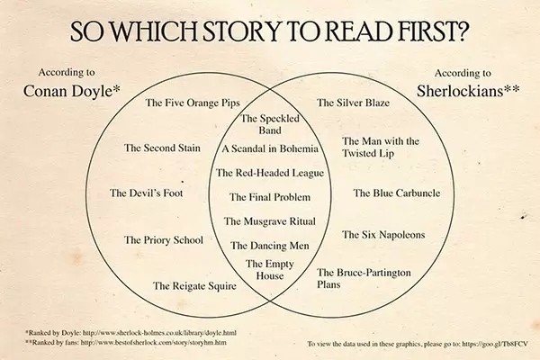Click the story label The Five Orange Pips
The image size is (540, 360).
pyautogui.click(x=193, y=103)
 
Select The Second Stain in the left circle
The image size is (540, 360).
pyautogui.click(x=162, y=148)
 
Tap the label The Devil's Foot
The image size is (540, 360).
pyautogui.click(x=147, y=193)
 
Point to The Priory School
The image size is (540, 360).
pyautogui.click(x=164, y=240)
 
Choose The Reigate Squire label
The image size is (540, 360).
pyautogui.click(x=194, y=286)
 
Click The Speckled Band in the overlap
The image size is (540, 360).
pyautogui.click(x=270, y=124)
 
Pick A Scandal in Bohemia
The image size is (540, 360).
pyautogui.click(x=270, y=148)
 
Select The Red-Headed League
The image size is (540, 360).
pyautogui.click(x=270, y=173)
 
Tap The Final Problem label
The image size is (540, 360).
pyautogui.click(x=270, y=197)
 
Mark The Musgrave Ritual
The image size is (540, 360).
pyautogui.click(x=270, y=221)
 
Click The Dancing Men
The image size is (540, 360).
pyautogui.click(x=270, y=246)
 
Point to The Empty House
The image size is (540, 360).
pyautogui.click(x=270, y=270)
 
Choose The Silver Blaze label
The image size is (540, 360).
pyautogui.click(x=353, y=103)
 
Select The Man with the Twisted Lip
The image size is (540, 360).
pyautogui.click(x=381, y=147)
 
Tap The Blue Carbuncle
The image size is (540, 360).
pyautogui.click(x=397, y=193)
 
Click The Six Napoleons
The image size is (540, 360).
pyautogui.click(x=383, y=235)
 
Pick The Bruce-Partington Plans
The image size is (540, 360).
pyautogui.click(x=364, y=278)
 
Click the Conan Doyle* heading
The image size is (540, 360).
pyautogui.click(x=72, y=91)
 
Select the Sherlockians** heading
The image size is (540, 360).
pyautogui.click(x=468, y=91)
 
